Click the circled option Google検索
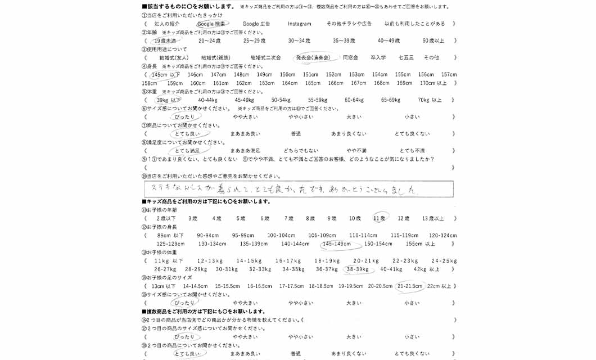[211, 24]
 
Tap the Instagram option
[299, 24]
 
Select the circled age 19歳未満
[164, 41]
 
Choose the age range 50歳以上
[433, 41]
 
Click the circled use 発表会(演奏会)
[313, 58]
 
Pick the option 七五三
[405, 58]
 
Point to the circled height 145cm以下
[166, 75]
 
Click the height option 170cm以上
[434, 83]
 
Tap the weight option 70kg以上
[430, 100]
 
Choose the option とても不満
[412, 151]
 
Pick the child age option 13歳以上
[433, 218]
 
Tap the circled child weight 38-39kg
[358, 269]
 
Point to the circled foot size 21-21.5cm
[409, 286]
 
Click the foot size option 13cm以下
[164, 286]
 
